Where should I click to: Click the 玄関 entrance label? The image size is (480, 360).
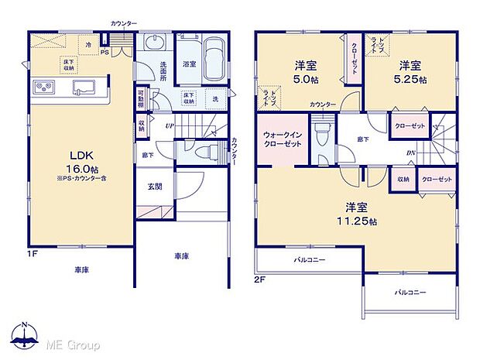pos(154,187)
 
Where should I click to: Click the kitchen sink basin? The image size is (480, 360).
pos(81,86)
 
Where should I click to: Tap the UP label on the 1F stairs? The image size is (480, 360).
pos(169,126)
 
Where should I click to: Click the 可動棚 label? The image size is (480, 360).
pos(141,100)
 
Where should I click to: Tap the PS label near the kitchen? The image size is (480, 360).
pos(105,53)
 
